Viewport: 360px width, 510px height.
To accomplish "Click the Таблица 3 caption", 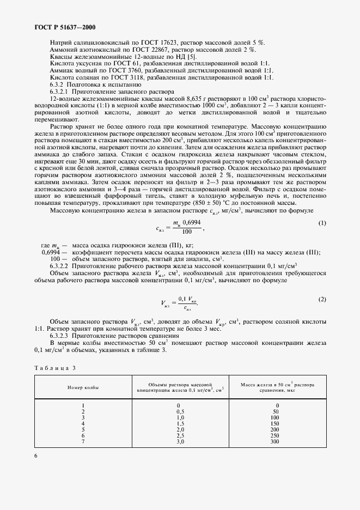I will (x=54, y=368).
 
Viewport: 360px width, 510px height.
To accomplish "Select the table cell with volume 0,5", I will (x=181, y=411).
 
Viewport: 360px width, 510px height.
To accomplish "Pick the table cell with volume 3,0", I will (x=181, y=442).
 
